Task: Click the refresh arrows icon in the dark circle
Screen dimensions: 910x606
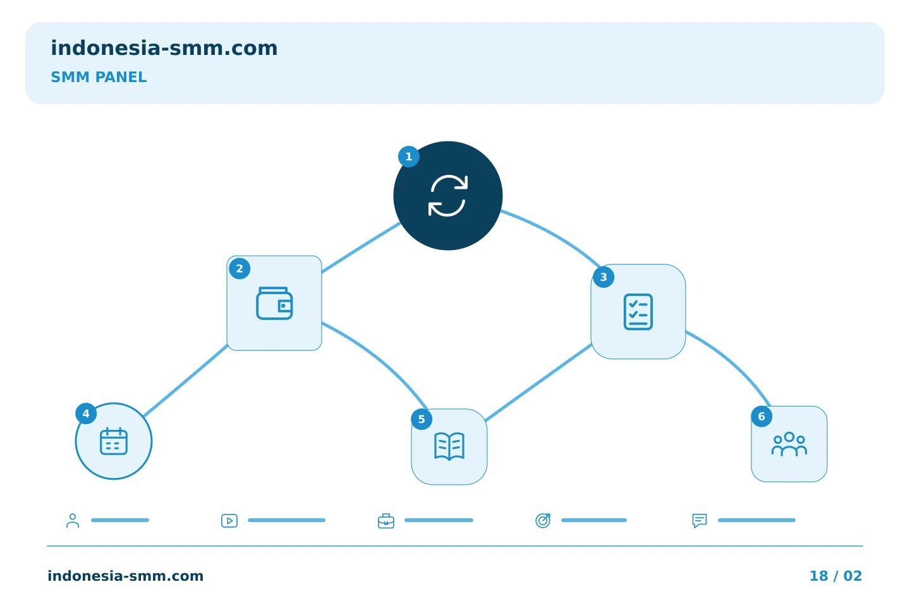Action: click(x=447, y=196)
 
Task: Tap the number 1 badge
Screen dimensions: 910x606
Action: click(x=409, y=157)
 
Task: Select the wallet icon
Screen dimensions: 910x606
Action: click(x=274, y=303)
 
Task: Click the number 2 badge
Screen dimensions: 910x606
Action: click(x=240, y=269)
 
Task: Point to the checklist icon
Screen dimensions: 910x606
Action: click(x=638, y=312)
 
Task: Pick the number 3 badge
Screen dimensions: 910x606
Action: click(x=604, y=277)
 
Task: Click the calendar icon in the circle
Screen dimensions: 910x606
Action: click(x=114, y=441)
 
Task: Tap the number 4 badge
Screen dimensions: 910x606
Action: click(x=86, y=413)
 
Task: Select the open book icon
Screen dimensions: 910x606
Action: click(x=449, y=446)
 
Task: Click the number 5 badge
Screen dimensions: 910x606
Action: click(x=422, y=419)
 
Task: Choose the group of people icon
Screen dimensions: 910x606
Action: click(x=789, y=444)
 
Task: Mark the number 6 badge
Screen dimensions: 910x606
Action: click(x=761, y=417)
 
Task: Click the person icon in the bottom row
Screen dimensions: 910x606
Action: click(x=73, y=520)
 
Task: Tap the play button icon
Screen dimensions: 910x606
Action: click(x=229, y=521)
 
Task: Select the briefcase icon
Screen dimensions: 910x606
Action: click(x=386, y=521)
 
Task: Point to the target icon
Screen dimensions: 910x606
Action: click(x=543, y=520)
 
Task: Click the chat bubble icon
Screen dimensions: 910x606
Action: click(x=700, y=521)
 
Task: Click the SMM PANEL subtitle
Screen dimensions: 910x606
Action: click(x=99, y=77)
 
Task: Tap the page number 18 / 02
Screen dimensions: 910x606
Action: click(x=835, y=576)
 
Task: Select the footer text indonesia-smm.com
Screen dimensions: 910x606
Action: click(x=126, y=576)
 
